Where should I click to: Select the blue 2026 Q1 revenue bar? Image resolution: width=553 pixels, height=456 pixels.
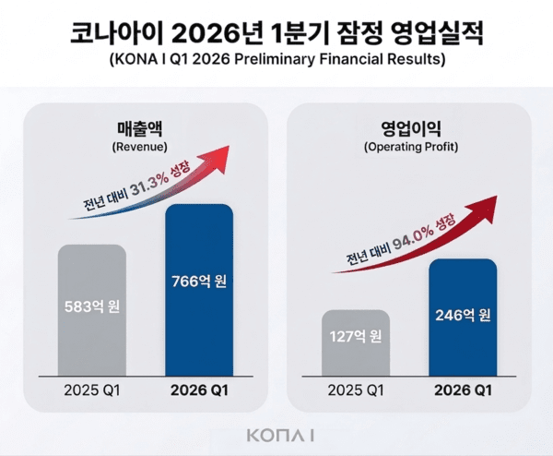point(198,332)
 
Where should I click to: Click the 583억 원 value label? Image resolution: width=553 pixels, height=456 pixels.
point(92,307)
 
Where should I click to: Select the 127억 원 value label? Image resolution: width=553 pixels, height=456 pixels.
point(356,336)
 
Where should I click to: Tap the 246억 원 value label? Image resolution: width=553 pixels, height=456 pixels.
point(463,315)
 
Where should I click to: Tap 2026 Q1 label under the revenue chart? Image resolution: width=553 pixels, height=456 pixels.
point(199,389)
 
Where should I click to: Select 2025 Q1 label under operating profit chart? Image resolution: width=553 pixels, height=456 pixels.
point(356,389)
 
